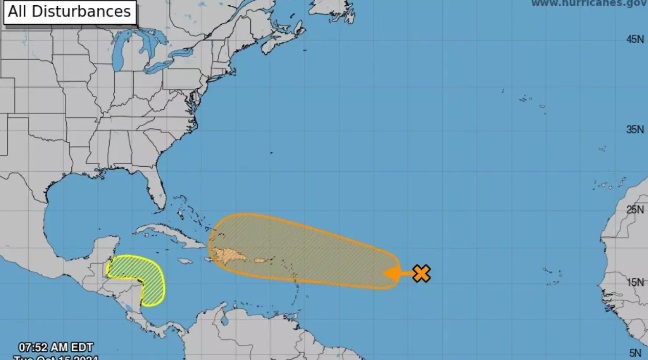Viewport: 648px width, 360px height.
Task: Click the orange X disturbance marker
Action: [421, 273]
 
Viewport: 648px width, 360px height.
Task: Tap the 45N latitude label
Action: [634, 39]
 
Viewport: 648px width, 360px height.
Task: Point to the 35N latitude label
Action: [634, 129]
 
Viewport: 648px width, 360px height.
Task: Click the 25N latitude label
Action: [634, 209]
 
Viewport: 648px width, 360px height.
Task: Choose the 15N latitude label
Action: [634, 282]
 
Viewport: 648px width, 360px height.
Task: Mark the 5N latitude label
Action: [634, 352]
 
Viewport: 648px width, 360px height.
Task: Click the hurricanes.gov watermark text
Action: [588, 4]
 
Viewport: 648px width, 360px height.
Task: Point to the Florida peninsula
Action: [154, 189]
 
